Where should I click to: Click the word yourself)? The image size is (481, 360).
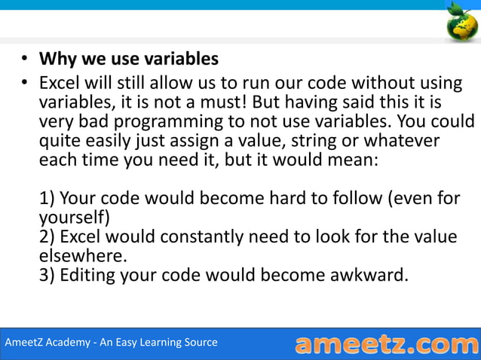click(75, 218)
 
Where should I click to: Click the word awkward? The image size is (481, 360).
click(369, 275)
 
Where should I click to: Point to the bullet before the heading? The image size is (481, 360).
click(24, 59)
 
